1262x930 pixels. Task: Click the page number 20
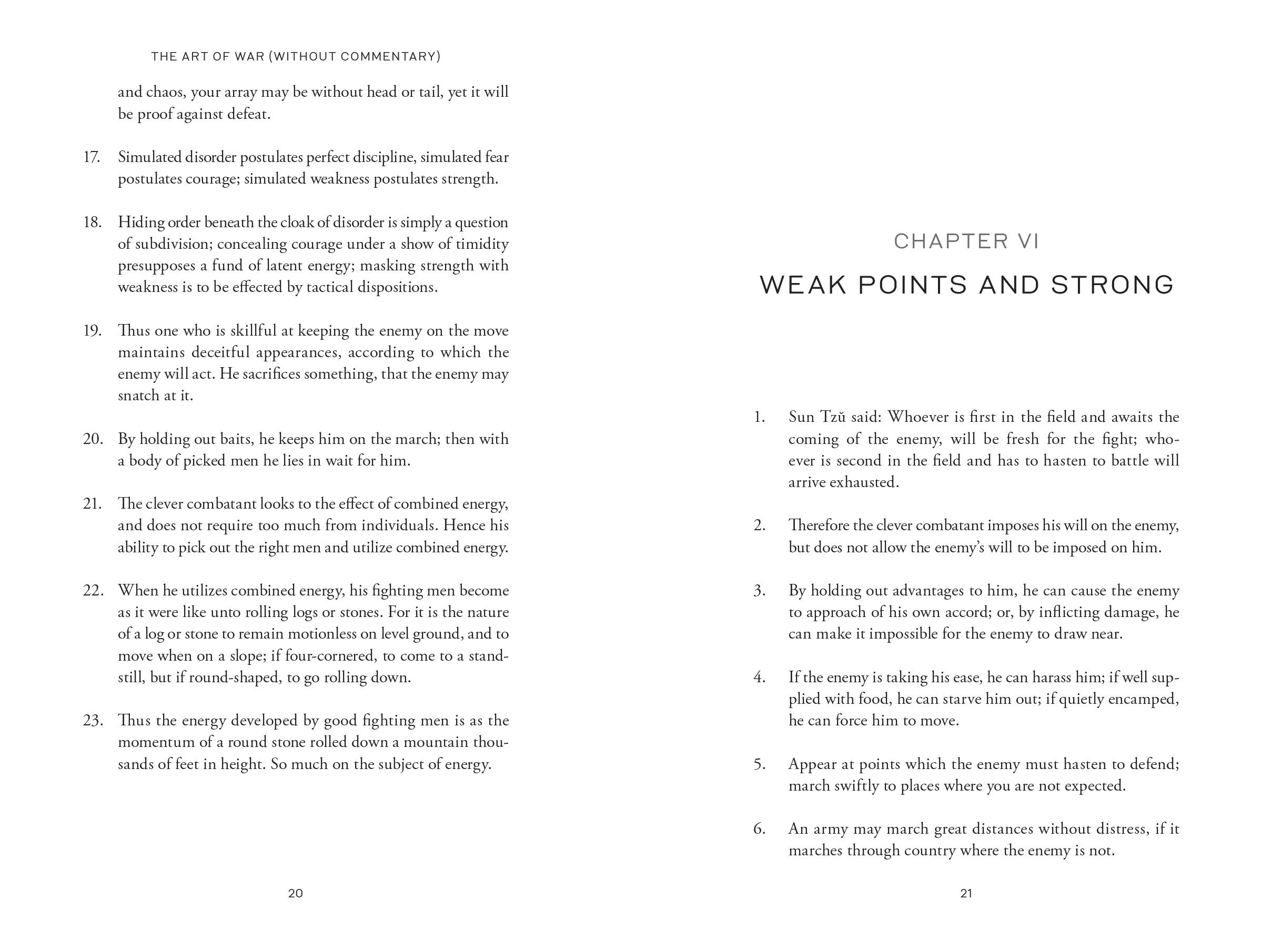click(296, 893)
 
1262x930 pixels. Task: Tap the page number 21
click(966, 893)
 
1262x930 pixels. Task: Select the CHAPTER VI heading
click(966, 241)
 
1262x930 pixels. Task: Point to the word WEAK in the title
click(803, 285)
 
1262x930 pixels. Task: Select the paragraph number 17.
click(91, 157)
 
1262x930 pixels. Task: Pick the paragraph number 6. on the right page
click(759, 828)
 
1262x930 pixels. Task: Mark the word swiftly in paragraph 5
click(854, 786)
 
